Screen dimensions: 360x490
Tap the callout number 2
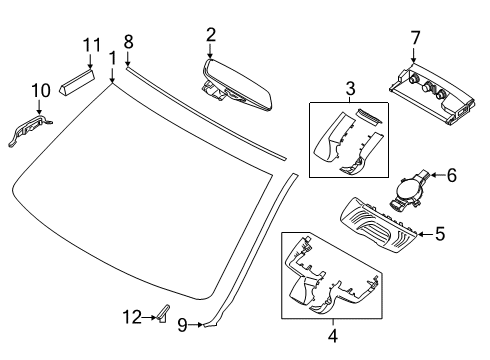point(210,35)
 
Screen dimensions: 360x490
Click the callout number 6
point(451,175)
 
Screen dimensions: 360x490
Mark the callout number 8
point(128,42)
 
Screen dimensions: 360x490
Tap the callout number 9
point(182,323)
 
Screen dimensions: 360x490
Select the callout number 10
point(40,92)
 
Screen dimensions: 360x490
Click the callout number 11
point(92,45)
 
